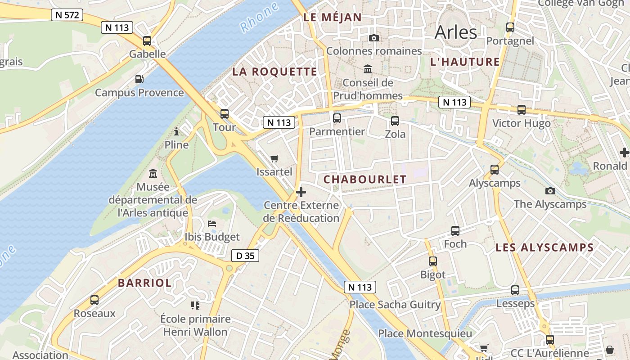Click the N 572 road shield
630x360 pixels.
click(x=67, y=15)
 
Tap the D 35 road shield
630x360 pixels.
click(x=245, y=256)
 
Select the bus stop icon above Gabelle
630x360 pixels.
click(x=147, y=41)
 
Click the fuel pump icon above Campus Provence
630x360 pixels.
click(x=139, y=79)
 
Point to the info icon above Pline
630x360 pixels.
click(x=176, y=132)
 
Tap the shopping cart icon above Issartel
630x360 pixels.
click(x=274, y=158)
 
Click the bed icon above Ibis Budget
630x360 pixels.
click(x=212, y=224)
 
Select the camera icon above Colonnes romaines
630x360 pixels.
click(x=373, y=38)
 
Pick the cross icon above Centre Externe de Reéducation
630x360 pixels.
click(x=301, y=192)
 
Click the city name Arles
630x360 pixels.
click(x=455, y=32)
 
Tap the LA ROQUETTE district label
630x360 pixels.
click(x=274, y=72)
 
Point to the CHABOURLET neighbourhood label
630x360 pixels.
click(x=365, y=179)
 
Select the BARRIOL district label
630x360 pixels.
click(x=144, y=283)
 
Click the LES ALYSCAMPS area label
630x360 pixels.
click(x=544, y=247)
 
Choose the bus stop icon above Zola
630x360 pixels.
click(x=395, y=121)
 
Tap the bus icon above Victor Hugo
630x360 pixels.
click(x=521, y=110)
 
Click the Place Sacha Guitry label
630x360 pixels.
click(x=395, y=305)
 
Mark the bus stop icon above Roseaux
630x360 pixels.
click(x=94, y=300)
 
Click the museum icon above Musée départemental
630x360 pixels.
click(x=153, y=173)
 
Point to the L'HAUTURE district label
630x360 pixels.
click(x=465, y=62)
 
